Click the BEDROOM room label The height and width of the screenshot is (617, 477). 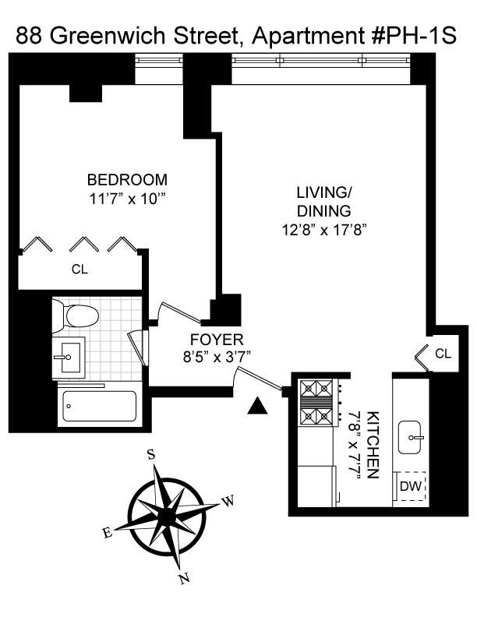[127, 180]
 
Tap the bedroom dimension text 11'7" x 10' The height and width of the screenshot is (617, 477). [126, 199]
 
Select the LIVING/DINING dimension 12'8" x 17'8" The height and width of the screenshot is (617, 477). [324, 230]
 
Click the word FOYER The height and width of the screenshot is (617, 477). [217, 339]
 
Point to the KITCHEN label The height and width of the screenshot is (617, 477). [373, 445]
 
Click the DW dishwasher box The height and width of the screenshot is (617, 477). [410, 486]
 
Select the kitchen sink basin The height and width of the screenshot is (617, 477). [410, 437]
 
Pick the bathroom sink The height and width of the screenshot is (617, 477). [69, 358]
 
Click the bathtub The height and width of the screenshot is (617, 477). [100, 406]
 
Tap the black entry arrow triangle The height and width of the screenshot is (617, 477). [257, 406]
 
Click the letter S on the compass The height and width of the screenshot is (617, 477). [150, 455]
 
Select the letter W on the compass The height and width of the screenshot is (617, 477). [228, 501]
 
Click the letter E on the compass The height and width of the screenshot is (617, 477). [108, 533]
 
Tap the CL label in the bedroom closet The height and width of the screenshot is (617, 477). [79, 270]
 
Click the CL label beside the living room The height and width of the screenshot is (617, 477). [443, 354]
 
